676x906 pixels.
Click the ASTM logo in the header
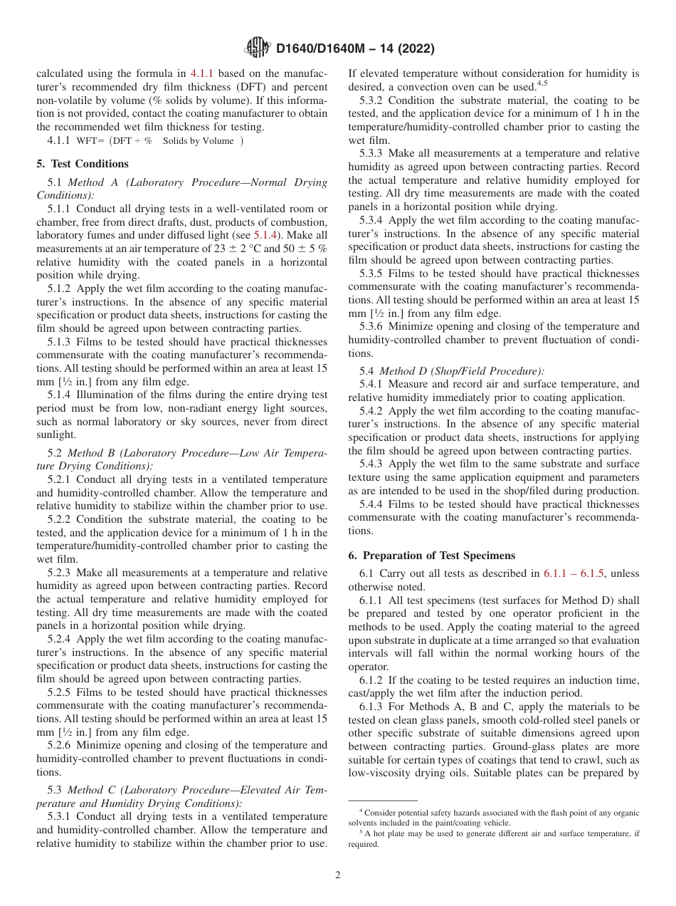pyautogui.click(x=257, y=48)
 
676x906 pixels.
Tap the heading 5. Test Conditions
pyautogui.click(x=83, y=164)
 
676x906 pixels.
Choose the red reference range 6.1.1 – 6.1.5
pyautogui.click(x=574, y=573)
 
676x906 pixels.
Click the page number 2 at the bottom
pyautogui.click(x=338, y=875)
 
